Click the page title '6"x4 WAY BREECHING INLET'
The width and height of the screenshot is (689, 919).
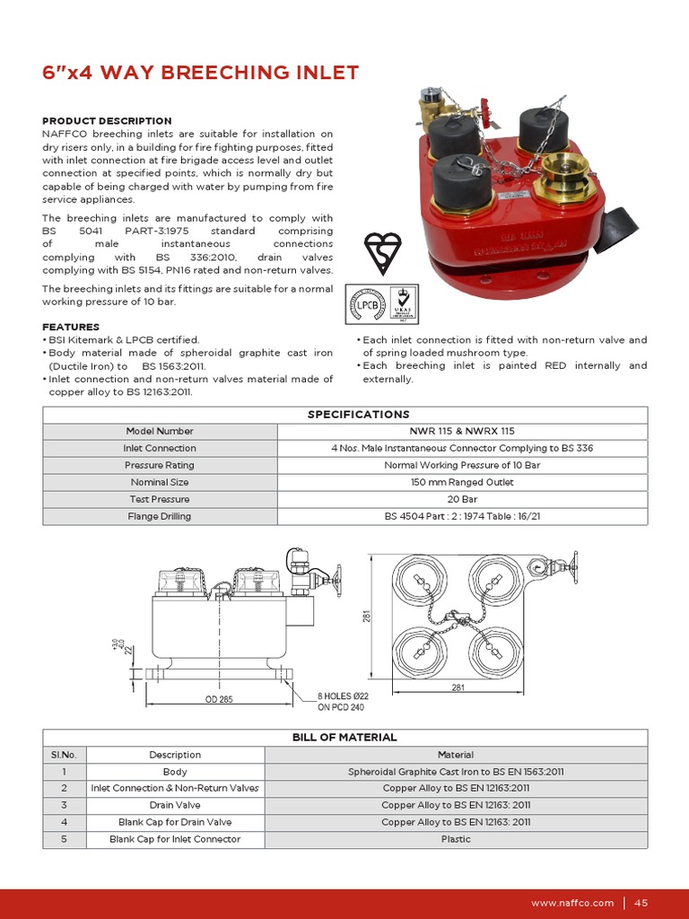[201, 73]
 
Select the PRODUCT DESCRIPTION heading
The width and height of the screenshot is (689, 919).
[107, 120]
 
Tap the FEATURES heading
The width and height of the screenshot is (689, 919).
[71, 327]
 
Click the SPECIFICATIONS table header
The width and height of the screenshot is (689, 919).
[344, 414]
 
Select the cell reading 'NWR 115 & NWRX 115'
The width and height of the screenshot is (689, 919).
[462, 431]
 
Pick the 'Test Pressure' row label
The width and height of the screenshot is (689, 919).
[160, 499]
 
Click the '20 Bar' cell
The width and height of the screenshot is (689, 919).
[462, 499]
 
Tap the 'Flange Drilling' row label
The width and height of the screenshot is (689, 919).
[160, 516]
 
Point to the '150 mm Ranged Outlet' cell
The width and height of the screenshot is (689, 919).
[462, 482]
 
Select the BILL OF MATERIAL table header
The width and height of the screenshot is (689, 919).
[344, 737]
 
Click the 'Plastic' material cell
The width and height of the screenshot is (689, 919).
[456, 839]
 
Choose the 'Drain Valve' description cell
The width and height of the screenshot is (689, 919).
[175, 805]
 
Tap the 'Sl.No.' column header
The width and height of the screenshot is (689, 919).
[64, 755]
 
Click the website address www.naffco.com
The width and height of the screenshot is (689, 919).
[572, 903]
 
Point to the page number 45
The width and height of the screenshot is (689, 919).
[641, 903]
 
